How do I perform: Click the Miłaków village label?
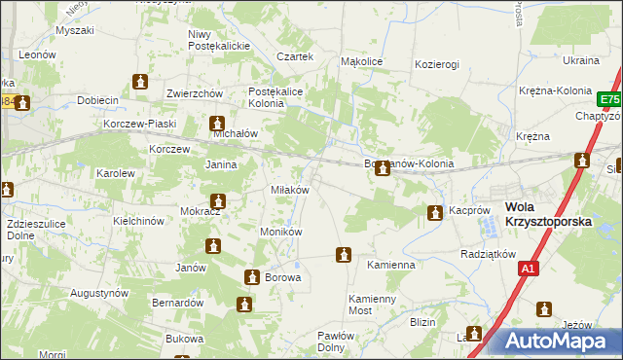coord(289,190)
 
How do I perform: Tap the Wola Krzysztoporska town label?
coord(548,214)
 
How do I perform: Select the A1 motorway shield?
coord(529,270)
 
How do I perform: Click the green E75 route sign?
coord(609,100)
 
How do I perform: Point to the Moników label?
coord(281,233)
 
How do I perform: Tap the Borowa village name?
coord(283,277)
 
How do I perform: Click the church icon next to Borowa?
coord(252,277)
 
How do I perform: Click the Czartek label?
coord(295,57)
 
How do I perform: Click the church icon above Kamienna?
coord(343,255)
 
